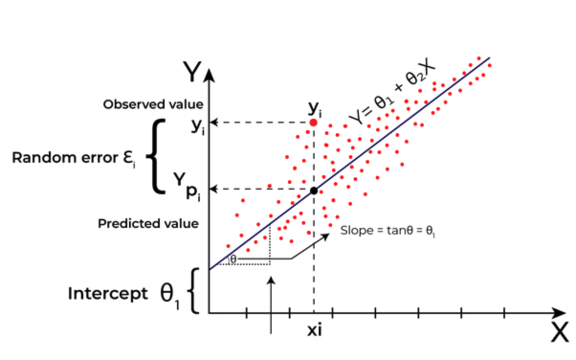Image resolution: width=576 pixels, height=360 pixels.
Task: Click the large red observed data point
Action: (313, 123)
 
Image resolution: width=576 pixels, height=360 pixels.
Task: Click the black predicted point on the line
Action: (314, 191)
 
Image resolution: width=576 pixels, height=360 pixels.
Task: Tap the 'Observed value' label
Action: (153, 104)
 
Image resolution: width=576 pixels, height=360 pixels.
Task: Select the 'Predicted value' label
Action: (148, 224)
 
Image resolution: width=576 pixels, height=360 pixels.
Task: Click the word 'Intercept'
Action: (108, 293)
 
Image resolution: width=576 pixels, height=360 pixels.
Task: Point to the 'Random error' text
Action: (65, 157)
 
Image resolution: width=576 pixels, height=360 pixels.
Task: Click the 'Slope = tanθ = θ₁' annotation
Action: (388, 231)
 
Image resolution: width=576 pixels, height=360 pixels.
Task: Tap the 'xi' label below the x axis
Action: (314, 330)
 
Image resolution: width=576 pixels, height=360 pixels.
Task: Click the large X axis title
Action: (560, 332)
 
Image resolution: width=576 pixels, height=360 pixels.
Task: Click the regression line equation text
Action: (392, 91)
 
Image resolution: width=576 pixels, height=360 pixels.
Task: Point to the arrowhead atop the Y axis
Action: (210, 76)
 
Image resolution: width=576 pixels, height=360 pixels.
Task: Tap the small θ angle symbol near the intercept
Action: (233, 259)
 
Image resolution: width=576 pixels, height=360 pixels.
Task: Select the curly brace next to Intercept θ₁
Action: (193, 291)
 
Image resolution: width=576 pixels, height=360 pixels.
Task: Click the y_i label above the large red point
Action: (315, 109)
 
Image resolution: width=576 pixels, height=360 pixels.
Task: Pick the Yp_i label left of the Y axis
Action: (187, 187)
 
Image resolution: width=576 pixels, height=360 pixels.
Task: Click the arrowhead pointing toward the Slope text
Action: (325, 236)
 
